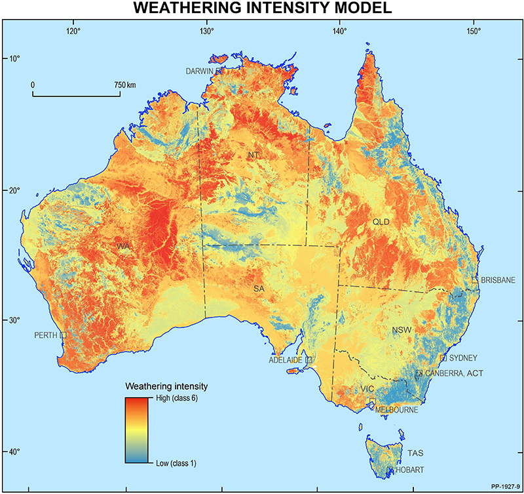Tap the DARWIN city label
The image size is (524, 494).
(201, 71)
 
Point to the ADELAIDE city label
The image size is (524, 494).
(286, 360)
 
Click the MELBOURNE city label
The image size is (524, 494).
(396, 410)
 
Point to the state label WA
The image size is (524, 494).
(124, 246)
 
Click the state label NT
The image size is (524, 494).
(253, 155)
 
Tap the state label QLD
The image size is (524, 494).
(381, 222)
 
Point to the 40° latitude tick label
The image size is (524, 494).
(14, 451)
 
